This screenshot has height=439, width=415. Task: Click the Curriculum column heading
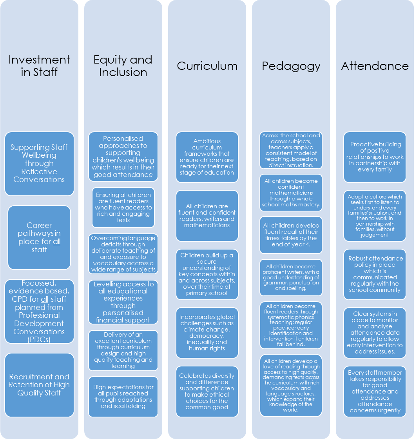coord(207,66)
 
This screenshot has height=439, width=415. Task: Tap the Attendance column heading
coord(375,66)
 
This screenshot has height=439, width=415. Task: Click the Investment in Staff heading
coord(39,66)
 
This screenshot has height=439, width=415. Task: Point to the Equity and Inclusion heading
coord(123,66)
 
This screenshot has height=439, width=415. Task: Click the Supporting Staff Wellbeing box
coord(39,164)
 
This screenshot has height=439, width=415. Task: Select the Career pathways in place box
coord(39,238)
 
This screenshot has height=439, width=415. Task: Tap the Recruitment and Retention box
coord(39,385)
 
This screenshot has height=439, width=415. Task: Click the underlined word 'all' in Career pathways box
coord(57,242)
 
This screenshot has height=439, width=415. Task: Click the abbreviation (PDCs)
coord(39,340)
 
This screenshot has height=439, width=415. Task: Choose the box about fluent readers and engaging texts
coord(123,208)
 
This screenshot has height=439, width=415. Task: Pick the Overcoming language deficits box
coord(123,254)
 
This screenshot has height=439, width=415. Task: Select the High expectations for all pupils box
coord(123,397)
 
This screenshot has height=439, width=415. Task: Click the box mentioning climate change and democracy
coord(207,333)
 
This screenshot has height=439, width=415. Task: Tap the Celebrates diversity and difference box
coord(207,392)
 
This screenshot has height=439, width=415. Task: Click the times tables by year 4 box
coord(291,235)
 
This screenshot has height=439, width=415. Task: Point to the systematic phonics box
coord(291,325)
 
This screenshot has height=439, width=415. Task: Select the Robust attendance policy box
coord(375,274)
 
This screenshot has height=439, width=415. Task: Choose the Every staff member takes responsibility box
coord(375,392)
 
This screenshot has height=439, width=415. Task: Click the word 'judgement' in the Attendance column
coord(375,235)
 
